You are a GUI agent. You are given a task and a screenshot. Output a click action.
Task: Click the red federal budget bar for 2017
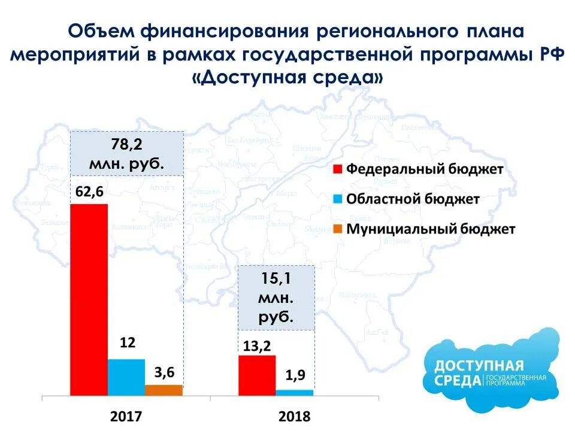(89, 299)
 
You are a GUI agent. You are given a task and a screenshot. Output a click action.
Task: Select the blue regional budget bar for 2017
(126, 377)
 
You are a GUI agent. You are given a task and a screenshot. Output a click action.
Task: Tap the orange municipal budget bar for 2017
(164, 390)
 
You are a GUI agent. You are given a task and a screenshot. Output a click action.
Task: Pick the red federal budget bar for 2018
(257, 375)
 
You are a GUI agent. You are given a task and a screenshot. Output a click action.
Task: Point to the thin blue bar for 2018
(294, 392)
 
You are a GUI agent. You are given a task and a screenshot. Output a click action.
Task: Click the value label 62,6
(90, 193)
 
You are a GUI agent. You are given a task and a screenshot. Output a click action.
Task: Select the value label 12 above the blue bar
(128, 343)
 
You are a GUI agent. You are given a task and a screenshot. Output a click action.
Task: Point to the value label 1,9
(295, 376)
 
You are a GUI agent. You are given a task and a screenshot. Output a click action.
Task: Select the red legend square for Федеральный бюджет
(337, 169)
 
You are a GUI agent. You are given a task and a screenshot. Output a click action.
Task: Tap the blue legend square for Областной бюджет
(337, 199)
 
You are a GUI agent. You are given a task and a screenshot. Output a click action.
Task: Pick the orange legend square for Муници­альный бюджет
(337, 229)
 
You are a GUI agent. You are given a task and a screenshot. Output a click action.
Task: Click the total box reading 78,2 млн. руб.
(126, 154)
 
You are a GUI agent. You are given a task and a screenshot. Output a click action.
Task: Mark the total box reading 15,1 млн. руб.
(276, 298)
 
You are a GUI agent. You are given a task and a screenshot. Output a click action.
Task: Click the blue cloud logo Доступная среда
(491, 371)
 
